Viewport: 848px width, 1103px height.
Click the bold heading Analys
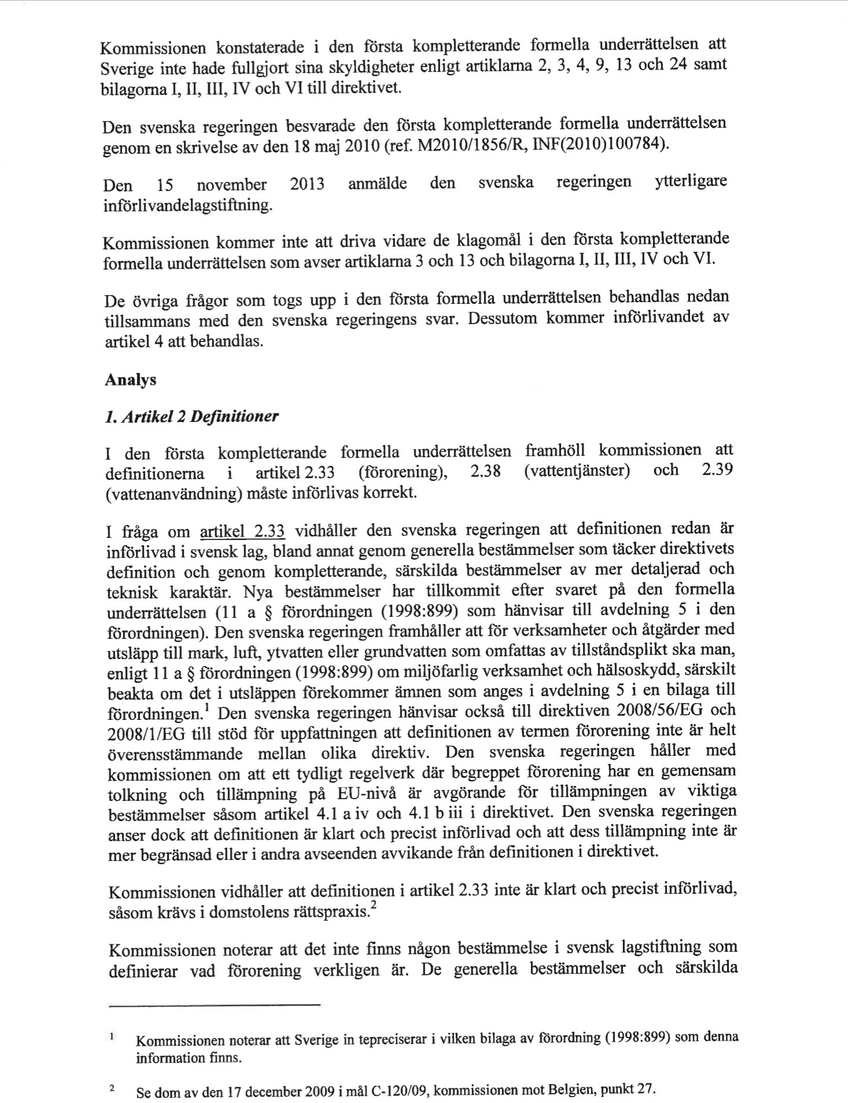130,380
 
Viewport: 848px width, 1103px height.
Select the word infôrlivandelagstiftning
187,205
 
